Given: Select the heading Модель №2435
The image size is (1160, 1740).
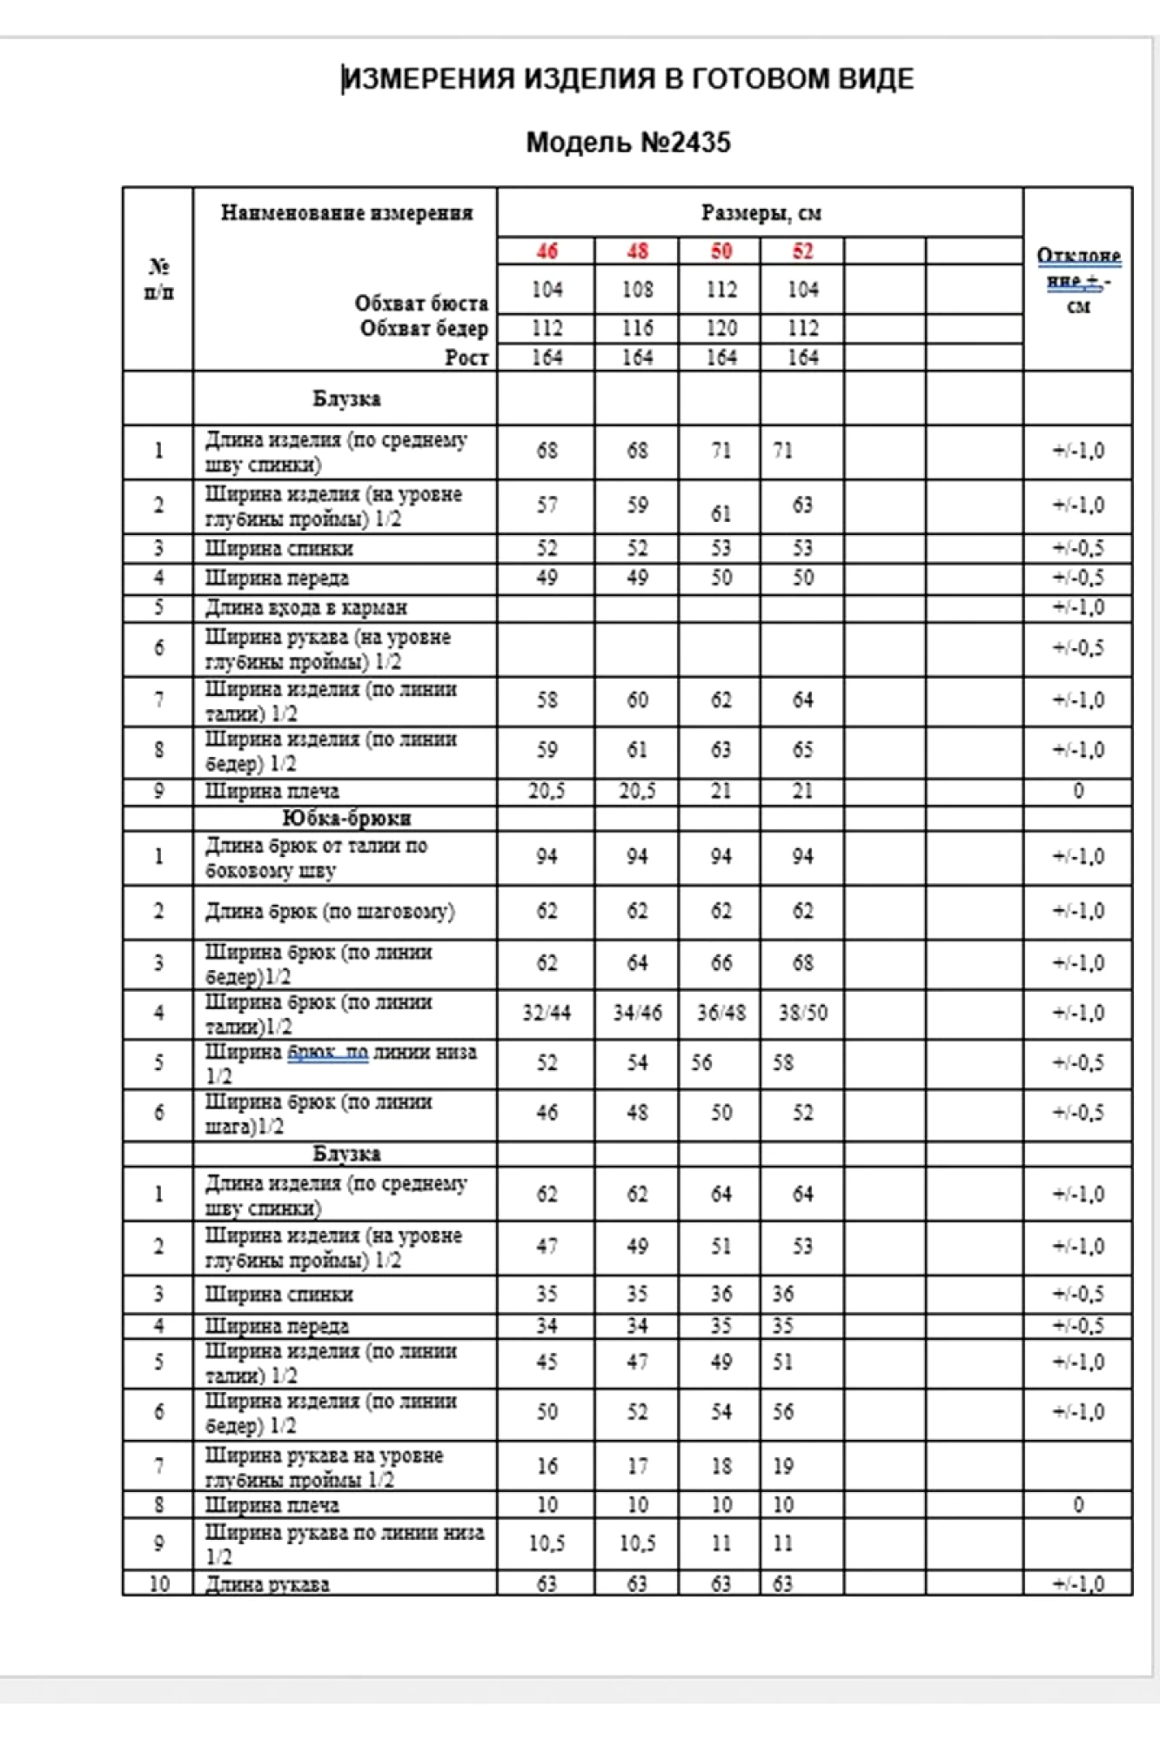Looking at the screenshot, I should [x=627, y=143].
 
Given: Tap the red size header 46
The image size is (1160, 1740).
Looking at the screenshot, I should [x=546, y=251].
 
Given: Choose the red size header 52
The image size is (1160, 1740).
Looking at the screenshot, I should [x=802, y=251].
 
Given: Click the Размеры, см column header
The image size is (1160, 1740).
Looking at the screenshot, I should [x=761, y=213].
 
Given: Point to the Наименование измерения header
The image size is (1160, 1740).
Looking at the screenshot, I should [x=346, y=213].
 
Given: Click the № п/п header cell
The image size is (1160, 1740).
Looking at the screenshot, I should [x=158, y=278].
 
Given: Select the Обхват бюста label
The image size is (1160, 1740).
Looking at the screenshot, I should [x=421, y=303].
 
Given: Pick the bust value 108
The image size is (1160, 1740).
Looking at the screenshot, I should [x=637, y=290].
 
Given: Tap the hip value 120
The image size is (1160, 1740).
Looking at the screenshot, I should [x=721, y=328].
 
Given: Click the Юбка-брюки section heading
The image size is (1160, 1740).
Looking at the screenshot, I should [x=346, y=819].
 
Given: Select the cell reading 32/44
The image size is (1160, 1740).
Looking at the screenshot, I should [x=546, y=1013].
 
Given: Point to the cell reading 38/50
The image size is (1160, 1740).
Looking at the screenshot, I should [x=802, y=1013].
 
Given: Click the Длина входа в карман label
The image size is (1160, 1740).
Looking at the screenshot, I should [x=305, y=607].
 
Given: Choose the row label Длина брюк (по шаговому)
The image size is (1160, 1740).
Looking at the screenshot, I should [x=330, y=912].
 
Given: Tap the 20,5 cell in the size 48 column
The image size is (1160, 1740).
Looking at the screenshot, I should [x=637, y=791].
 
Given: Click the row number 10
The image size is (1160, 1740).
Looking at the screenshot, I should [x=158, y=1583].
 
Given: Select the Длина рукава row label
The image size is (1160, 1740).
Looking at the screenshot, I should [x=267, y=1584].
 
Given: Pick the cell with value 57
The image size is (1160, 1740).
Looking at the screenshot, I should [x=546, y=505].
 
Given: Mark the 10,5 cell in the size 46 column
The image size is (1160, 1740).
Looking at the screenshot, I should [x=546, y=1543].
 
